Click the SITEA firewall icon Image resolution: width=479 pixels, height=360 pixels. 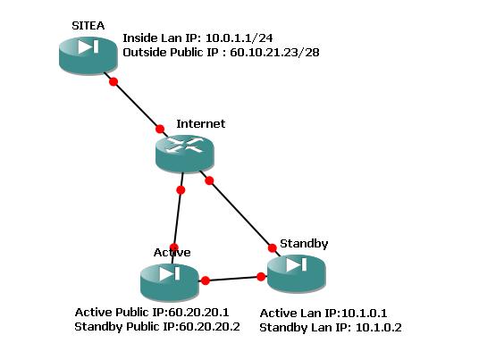pyautogui.click(x=88, y=55)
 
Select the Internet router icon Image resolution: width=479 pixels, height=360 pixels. pyautogui.click(x=185, y=155)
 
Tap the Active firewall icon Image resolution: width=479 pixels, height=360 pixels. pyautogui.click(x=170, y=282)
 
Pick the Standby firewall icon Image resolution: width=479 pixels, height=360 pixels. pyautogui.click(x=297, y=273)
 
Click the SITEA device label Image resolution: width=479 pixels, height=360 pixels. pyautogui.click(x=88, y=26)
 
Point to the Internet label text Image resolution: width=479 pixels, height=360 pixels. pyautogui.click(x=201, y=123)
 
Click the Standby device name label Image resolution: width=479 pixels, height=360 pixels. pyautogui.click(x=304, y=244)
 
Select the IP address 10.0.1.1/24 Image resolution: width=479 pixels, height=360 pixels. pyautogui.click(x=239, y=38)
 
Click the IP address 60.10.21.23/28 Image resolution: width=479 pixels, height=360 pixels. pyautogui.click(x=274, y=53)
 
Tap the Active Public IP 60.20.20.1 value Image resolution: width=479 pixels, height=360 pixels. pyautogui.click(x=198, y=313)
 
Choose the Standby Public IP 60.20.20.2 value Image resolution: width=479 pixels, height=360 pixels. pyautogui.click(x=209, y=327)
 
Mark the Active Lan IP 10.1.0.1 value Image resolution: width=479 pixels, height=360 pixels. pyautogui.click(x=364, y=314)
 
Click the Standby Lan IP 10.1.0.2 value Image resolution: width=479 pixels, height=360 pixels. pyautogui.click(x=379, y=328)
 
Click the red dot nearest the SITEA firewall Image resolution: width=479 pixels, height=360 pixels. pyautogui.click(x=113, y=81)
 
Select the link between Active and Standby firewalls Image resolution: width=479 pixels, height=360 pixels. pyautogui.click(x=233, y=279)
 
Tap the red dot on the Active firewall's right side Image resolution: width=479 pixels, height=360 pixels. pyautogui.click(x=206, y=280)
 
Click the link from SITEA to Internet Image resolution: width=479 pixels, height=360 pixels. pyautogui.click(x=136, y=105)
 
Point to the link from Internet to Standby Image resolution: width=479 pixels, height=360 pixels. pyautogui.click(x=239, y=213)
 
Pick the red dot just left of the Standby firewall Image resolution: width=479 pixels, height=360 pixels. pyautogui.click(x=261, y=277)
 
